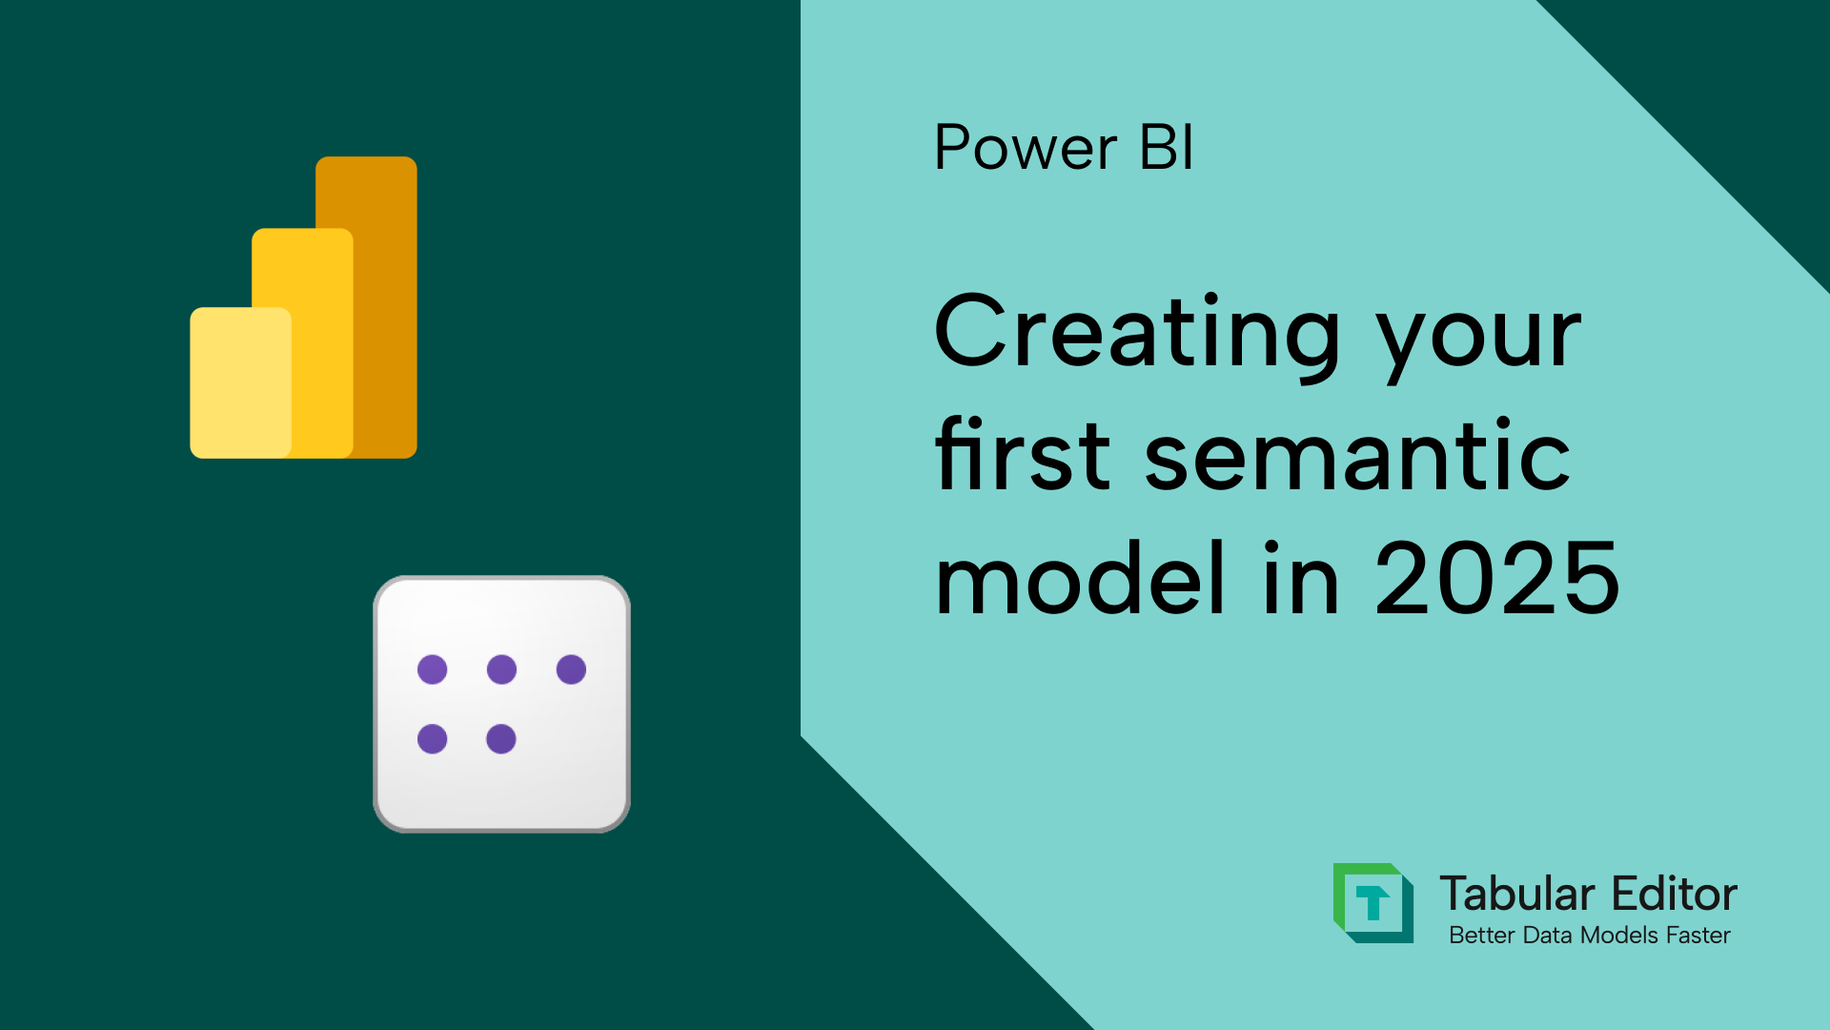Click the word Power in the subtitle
click(1025, 149)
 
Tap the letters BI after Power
click(1166, 149)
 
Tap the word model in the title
click(1080, 578)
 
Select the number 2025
click(1496, 578)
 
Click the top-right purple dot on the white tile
click(571, 669)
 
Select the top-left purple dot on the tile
click(432, 669)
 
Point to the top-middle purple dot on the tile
click(501, 669)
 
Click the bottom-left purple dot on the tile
click(432, 739)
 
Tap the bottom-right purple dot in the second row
click(501, 739)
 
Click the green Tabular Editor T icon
click(1372, 902)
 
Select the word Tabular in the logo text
click(1516, 895)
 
